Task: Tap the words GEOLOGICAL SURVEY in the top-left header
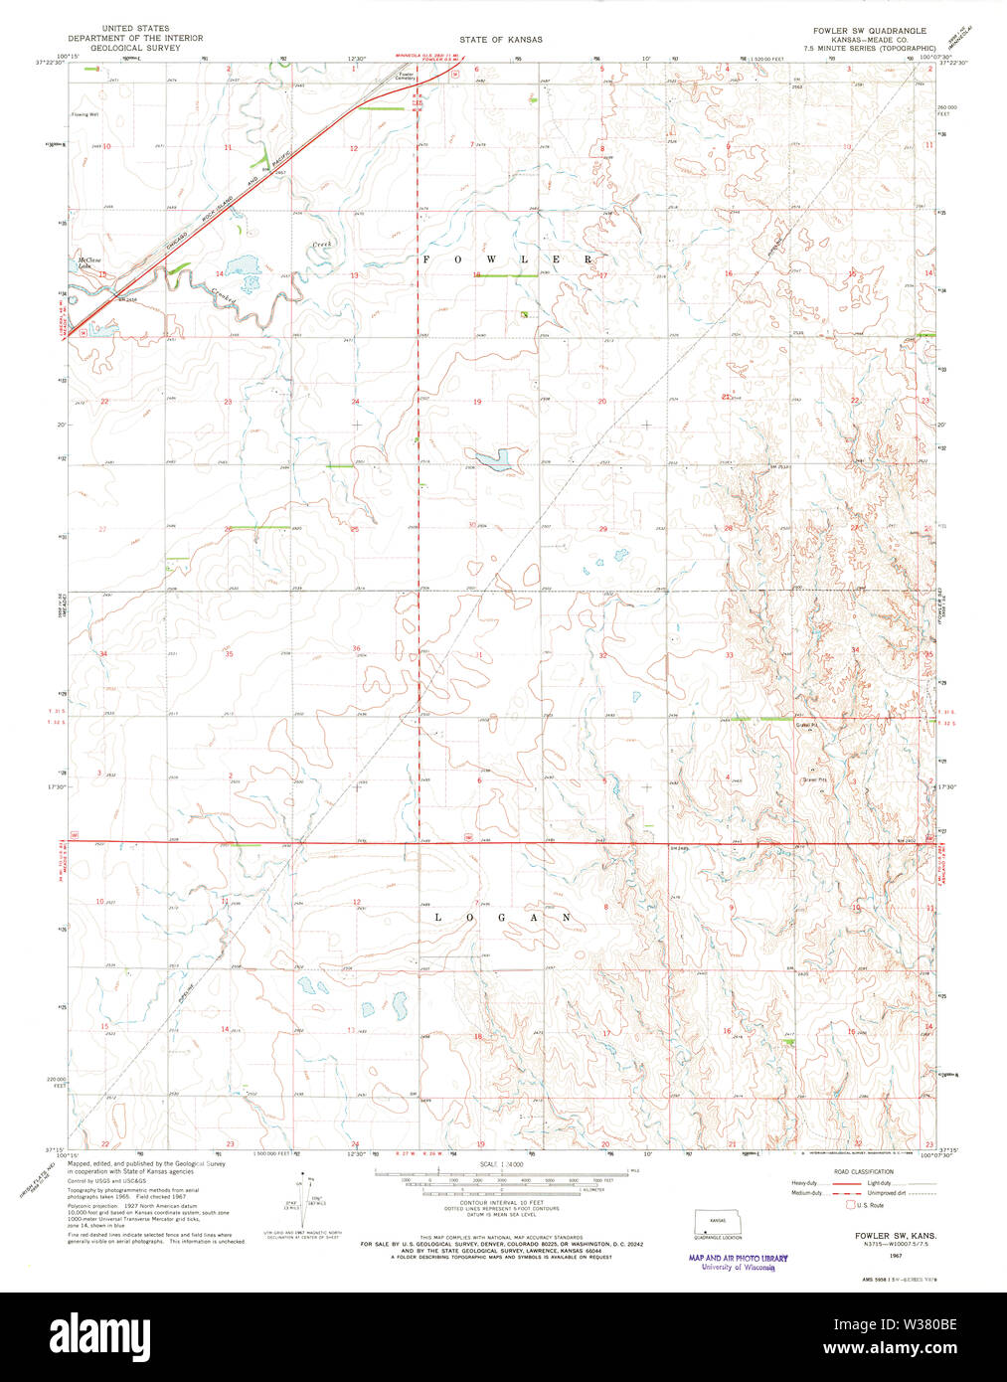pos(128,47)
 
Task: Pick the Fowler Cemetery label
pos(407,77)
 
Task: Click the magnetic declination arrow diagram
pos(307,1194)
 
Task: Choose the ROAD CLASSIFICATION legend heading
pos(863,1171)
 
